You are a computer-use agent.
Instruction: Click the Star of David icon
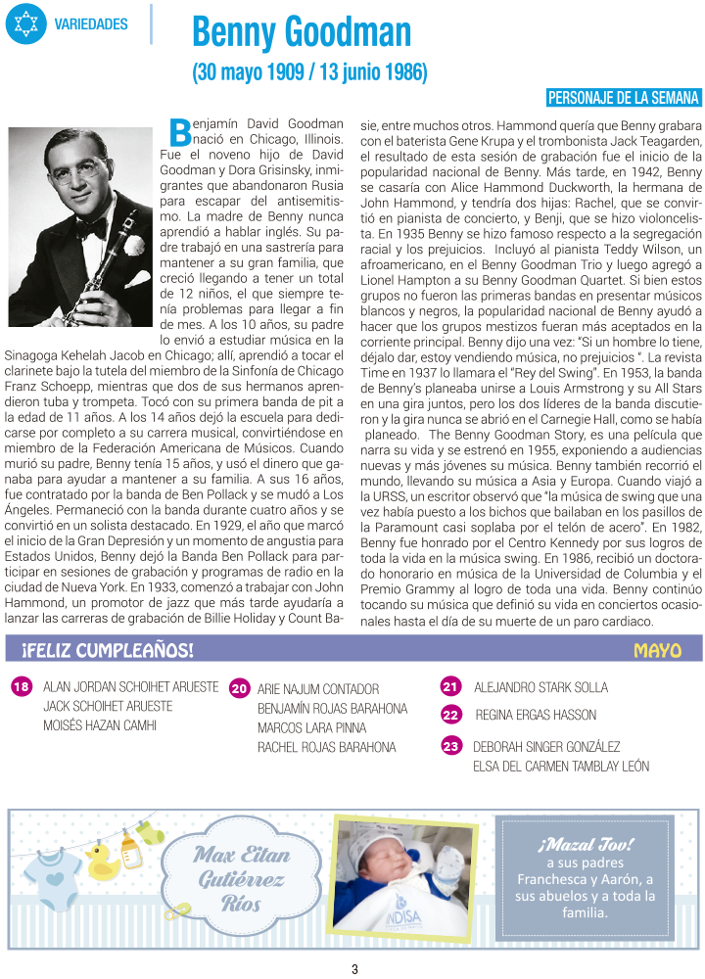click(x=25, y=23)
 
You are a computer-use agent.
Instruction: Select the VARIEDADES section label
click(x=91, y=24)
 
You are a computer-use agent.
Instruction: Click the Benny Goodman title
click(x=302, y=32)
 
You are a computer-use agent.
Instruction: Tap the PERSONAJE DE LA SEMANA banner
click(x=624, y=97)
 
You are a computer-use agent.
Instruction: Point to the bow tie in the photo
click(x=93, y=227)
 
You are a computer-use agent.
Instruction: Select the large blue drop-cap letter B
click(x=179, y=131)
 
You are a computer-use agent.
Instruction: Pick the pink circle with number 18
click(x=22, y=687)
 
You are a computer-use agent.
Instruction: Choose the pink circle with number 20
click(x=239, y=689)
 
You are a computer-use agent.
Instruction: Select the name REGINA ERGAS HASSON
click(x=535, y=716)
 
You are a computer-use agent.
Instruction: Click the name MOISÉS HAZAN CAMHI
click(x=99, y=725)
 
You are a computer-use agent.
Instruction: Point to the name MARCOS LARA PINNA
click(x=311, y=728)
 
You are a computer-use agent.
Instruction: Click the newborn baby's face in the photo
click(x=387, y=862)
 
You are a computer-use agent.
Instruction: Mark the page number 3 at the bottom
click(x=354, y=969)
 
